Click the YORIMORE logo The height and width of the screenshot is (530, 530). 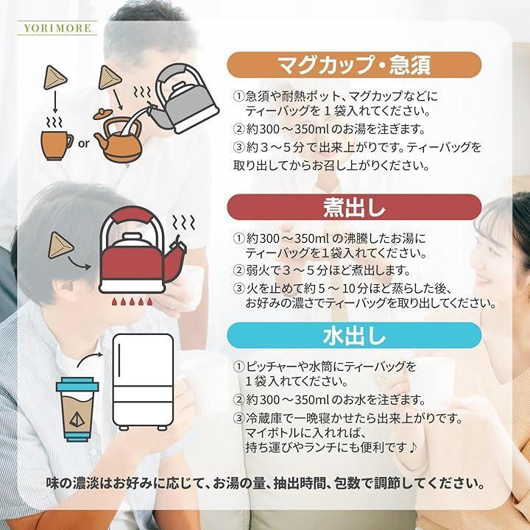[x=57, y=28]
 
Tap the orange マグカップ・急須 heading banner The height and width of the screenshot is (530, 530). [x=354, y=65]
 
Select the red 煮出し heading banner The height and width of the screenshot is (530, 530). [x=354, y=207]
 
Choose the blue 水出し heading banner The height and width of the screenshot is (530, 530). [x=354, y=336]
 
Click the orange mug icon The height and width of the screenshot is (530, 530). [x=57, y=145]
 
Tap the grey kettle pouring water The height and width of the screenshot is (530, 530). [x=184, y=99]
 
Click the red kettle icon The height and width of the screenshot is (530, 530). [x=142, y=250]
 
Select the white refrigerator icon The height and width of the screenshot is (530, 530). [x=143, y=382]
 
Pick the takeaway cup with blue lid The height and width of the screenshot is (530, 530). [x=77, y=409]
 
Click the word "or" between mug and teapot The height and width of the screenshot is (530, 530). [x=83, y=144]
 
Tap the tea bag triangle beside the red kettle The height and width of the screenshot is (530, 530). [x=60, y=246]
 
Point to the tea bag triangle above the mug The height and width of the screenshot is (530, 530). [x=55, y=78]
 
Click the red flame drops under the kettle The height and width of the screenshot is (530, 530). [x=132, y=301]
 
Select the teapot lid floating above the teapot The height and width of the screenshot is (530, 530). [x=103, y=114]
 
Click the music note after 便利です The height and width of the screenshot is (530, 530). [x=412, y=448]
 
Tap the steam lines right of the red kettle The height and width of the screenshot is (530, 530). [x=184, y=222]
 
